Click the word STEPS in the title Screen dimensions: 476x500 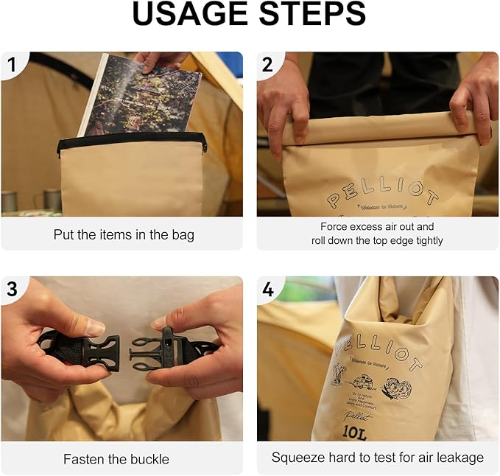click(308, 15)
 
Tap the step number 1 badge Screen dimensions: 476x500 click(12, 66)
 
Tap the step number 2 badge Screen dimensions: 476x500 click(268, 66)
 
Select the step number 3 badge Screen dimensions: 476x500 click(12, 290)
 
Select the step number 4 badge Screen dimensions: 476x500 click(268, 290)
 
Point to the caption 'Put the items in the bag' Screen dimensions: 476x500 click(124, 234)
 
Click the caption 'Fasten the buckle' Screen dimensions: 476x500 click(116, 458)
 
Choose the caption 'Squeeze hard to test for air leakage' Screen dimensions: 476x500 click(377, 458)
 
